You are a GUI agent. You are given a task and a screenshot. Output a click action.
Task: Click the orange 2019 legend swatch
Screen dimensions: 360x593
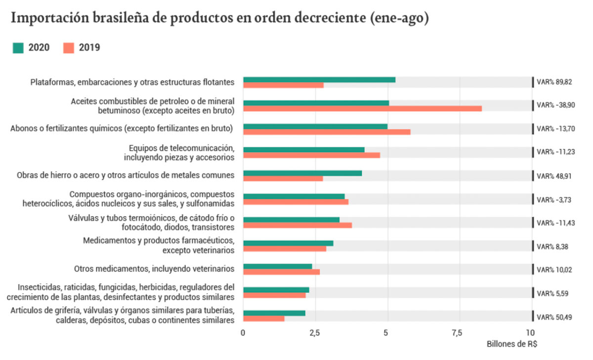tap(69, 48)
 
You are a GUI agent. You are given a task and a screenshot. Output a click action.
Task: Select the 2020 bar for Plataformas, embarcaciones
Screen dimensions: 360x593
tap(319, 80)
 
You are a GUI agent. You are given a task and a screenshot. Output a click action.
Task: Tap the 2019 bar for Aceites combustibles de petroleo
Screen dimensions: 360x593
tap(362, 108)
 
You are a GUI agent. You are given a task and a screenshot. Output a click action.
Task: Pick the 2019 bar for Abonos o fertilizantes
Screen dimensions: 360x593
tap(327, 132)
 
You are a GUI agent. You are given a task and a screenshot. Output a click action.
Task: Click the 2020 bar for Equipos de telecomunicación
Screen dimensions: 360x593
tap(303, 149)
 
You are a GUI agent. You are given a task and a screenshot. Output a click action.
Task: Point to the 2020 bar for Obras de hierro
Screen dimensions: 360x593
tap(302, 173)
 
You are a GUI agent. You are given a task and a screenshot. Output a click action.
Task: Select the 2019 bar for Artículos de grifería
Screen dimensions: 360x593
tap(263, 318)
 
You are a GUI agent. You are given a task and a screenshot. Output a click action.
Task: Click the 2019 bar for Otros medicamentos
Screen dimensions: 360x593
tap(281, 271)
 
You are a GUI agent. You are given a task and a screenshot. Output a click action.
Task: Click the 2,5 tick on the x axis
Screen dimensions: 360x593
tap(314, 332)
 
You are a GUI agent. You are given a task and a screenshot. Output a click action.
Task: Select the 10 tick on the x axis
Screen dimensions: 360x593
tap(530, 332)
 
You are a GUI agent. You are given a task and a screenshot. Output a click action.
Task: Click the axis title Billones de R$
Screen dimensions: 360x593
tap(512, 344)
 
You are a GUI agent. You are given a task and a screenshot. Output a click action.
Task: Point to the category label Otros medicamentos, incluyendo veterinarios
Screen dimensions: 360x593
tap(154, 269)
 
